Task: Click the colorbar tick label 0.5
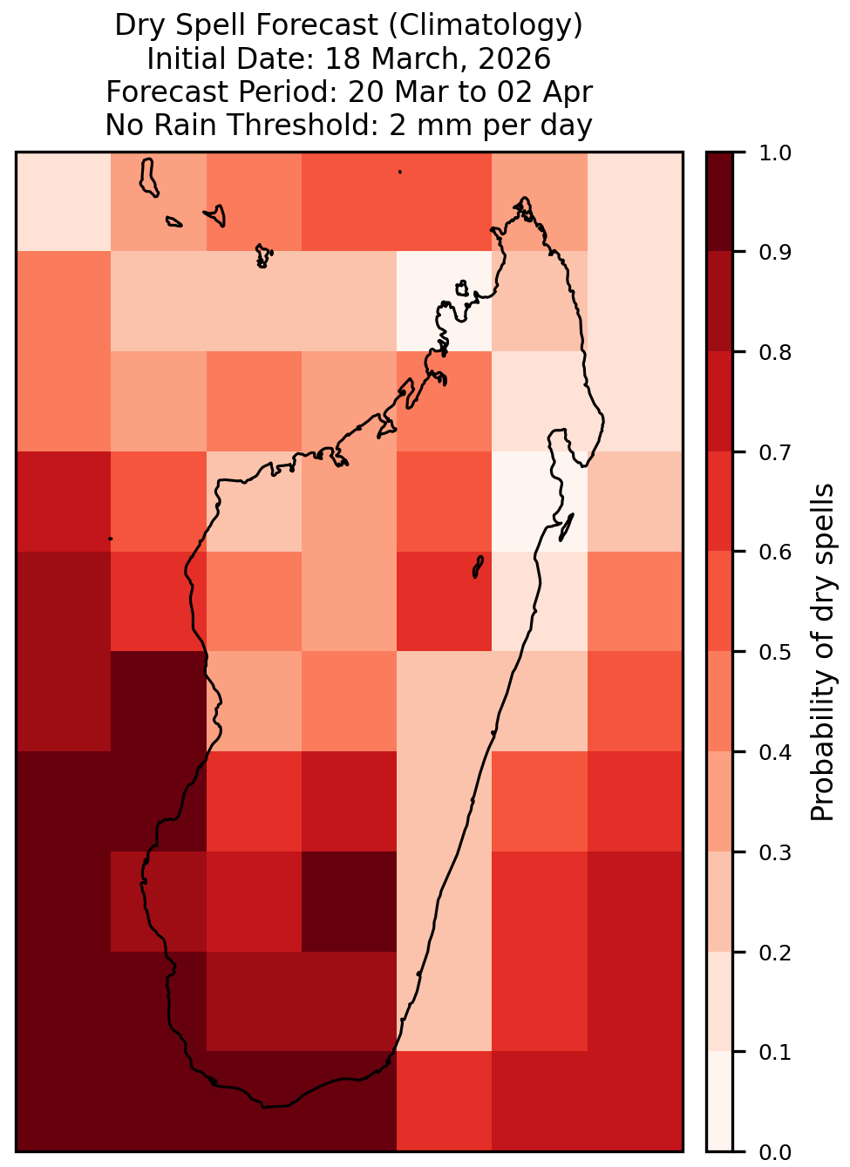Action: pos(775,652)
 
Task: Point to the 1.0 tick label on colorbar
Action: pos(775,153)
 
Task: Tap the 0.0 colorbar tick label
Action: pos(775,1152)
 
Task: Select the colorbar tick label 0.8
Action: pos(775,353)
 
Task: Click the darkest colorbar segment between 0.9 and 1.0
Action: pos(719,201)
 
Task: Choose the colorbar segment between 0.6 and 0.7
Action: pos(719,501)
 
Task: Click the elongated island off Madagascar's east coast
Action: pos(567,527)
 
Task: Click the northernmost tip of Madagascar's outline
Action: pos(524,198)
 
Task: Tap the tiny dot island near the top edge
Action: pos(400,172)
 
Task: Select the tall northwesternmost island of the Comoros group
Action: pos(148,178)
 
